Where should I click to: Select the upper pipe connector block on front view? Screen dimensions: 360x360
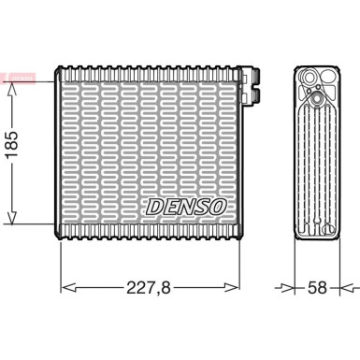pyautogui.click(x=249, y=74)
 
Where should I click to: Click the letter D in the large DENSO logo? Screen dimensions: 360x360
pyautogui.click(x=154, y=205)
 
